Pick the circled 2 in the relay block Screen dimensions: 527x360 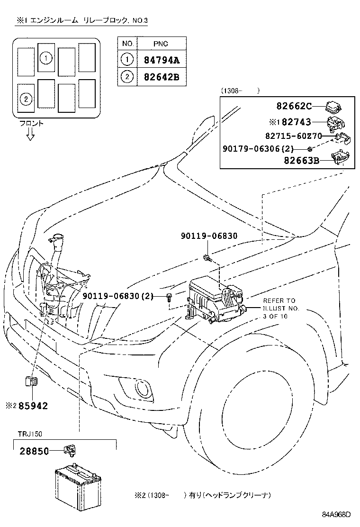[x=26, y=99]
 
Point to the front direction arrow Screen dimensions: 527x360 [x=30, y=135]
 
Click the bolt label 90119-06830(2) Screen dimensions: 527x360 [x=118, y=296]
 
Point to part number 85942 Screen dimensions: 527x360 [x=33, y=406]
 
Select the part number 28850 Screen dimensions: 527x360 [x=34, y=452]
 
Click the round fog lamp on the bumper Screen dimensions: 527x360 [x=142, y=389]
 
